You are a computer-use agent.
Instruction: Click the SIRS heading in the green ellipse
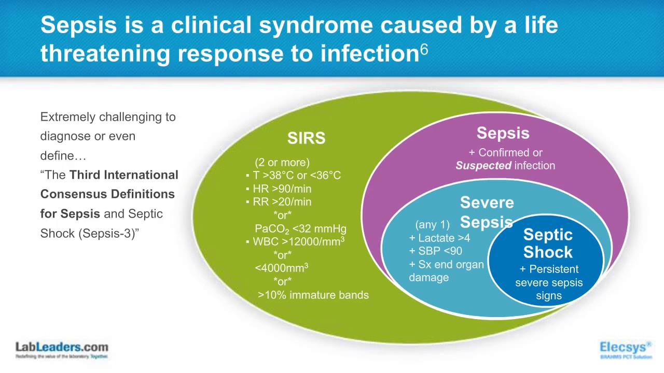click(306, 138)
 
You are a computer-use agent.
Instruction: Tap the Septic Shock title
click(548, 243)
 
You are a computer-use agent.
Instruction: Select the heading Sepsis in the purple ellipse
click(503, 133)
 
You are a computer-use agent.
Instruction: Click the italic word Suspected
click(483, 166)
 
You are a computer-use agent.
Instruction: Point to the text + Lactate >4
click(439, 238)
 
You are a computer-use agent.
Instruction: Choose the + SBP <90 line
click(435, 251)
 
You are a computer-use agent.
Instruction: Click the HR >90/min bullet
click(282, 189)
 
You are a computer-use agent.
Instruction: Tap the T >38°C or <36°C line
click(296, 176)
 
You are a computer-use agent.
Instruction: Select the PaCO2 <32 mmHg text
click(300, 229)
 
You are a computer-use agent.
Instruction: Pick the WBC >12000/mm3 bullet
click(298, 242)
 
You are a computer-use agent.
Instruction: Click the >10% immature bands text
click(313, 295)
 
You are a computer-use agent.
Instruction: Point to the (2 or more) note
click(282, 163)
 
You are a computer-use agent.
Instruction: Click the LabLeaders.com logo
click(62, 349)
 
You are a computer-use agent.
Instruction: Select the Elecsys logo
click(626, 349)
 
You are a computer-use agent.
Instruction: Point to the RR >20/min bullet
click(282, 202)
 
